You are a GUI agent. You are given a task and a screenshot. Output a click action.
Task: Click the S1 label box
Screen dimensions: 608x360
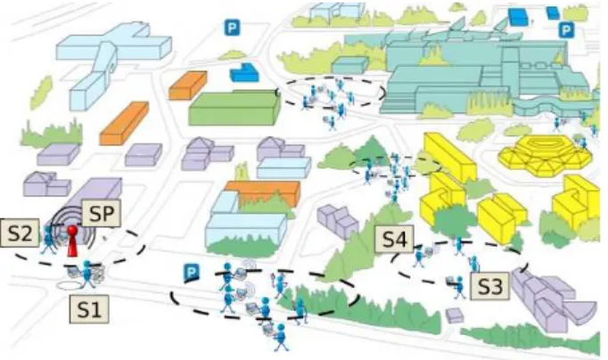(89, 309)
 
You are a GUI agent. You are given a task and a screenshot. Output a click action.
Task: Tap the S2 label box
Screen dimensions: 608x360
(20, 233)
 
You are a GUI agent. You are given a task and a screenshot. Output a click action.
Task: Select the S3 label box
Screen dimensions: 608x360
(489, 286)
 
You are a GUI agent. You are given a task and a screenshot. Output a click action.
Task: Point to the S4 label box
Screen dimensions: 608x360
(394, 239)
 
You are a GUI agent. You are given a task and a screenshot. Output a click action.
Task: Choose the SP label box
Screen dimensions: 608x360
(102, 213)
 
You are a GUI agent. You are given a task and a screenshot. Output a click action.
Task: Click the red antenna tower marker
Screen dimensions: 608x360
(72, 241)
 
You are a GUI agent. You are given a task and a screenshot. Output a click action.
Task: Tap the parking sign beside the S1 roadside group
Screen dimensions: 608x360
(191, 273)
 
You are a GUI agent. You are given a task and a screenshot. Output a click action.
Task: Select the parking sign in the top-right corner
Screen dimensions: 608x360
(566, 29)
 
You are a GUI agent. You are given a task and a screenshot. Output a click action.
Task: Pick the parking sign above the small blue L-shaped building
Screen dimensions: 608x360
(232, 28)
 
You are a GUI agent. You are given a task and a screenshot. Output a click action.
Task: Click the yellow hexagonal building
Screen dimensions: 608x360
(546, 155)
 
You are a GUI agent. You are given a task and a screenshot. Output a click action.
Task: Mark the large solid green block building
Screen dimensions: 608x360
(234, 107)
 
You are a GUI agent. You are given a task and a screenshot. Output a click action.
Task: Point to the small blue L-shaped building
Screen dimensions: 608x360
(244, 72)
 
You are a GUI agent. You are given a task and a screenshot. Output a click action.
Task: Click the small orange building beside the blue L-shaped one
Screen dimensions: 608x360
(188, 86)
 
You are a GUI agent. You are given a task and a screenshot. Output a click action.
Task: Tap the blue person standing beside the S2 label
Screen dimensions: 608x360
(49, 240)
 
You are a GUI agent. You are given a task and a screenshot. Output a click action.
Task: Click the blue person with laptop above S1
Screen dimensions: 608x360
(87, 274)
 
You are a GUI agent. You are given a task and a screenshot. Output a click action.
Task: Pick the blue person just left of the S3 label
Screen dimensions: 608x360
(459, 287)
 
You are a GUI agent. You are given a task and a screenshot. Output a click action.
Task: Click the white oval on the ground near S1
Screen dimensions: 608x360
(70, 286)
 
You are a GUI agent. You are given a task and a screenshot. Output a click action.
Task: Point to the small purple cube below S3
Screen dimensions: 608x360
(455, 315)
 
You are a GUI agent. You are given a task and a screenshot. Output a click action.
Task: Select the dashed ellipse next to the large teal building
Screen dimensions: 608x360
(331, 92)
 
